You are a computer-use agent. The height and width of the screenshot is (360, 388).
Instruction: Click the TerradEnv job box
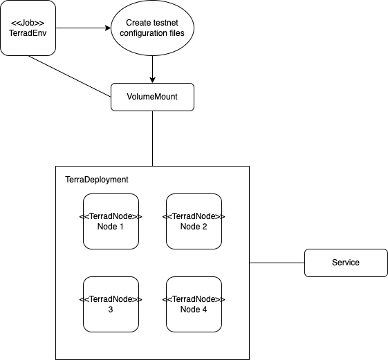(28, 28)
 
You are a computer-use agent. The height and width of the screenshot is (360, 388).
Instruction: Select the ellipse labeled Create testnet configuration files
(152, 28)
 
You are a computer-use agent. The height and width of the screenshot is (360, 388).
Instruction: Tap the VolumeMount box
(152, 97)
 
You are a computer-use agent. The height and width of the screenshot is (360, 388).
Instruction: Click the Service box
(345, 263)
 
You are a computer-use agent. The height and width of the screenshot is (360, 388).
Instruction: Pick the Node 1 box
(111, 221)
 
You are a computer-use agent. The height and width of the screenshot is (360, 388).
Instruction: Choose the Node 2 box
(194, 221)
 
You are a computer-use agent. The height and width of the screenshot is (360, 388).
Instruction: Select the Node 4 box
(194, 304)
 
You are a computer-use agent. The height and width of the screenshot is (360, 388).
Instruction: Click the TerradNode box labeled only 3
(111, 304)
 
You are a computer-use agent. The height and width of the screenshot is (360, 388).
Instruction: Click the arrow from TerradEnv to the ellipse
(80, 28)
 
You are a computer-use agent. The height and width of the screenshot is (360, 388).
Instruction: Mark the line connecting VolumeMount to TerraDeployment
(152, 138)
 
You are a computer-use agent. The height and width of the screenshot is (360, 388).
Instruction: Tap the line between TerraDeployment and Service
(277, 263)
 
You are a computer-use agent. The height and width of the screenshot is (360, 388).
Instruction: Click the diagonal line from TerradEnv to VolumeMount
(69, 76)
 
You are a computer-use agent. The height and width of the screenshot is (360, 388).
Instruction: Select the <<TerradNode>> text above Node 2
(194, 216)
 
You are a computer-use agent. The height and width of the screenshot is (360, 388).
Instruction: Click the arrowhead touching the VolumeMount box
(152, 79)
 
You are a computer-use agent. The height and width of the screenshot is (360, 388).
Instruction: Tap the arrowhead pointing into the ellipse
(107, 28)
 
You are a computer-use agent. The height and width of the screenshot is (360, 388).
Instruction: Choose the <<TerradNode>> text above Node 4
(194, 299)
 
